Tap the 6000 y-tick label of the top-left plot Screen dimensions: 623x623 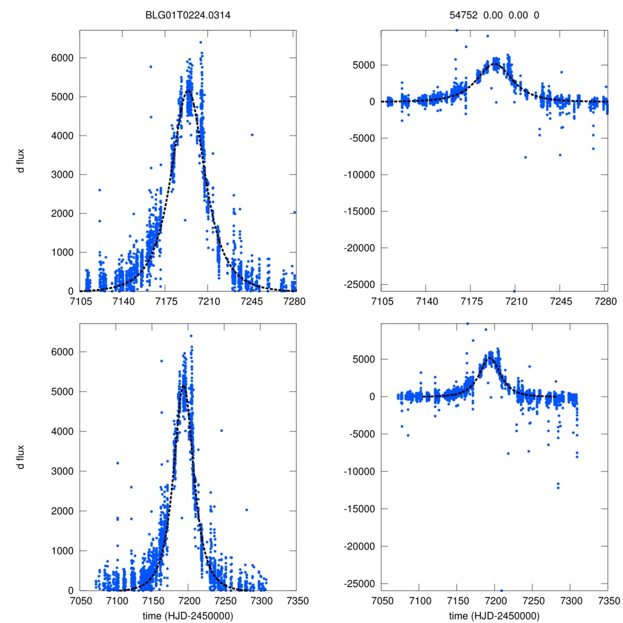[x=62, y=58]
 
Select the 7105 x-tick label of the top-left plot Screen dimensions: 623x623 [x=80, y=301]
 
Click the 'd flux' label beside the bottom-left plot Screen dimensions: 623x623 [x=21, y=458]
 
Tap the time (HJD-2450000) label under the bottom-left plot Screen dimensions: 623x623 [x=188, y=615]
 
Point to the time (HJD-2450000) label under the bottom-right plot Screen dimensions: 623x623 [x=495, y=615]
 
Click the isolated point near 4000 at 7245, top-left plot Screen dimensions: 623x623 [x=252, y=134]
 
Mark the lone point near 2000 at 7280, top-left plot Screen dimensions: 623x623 [x=294, y=212]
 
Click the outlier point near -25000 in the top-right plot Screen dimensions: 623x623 [x=514, y=291]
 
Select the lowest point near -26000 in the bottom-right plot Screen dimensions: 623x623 [x=501, y=591]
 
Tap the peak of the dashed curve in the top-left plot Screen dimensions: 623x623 [x=189, y=90]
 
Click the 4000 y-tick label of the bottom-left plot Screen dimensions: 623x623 [x=62, y=431]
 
